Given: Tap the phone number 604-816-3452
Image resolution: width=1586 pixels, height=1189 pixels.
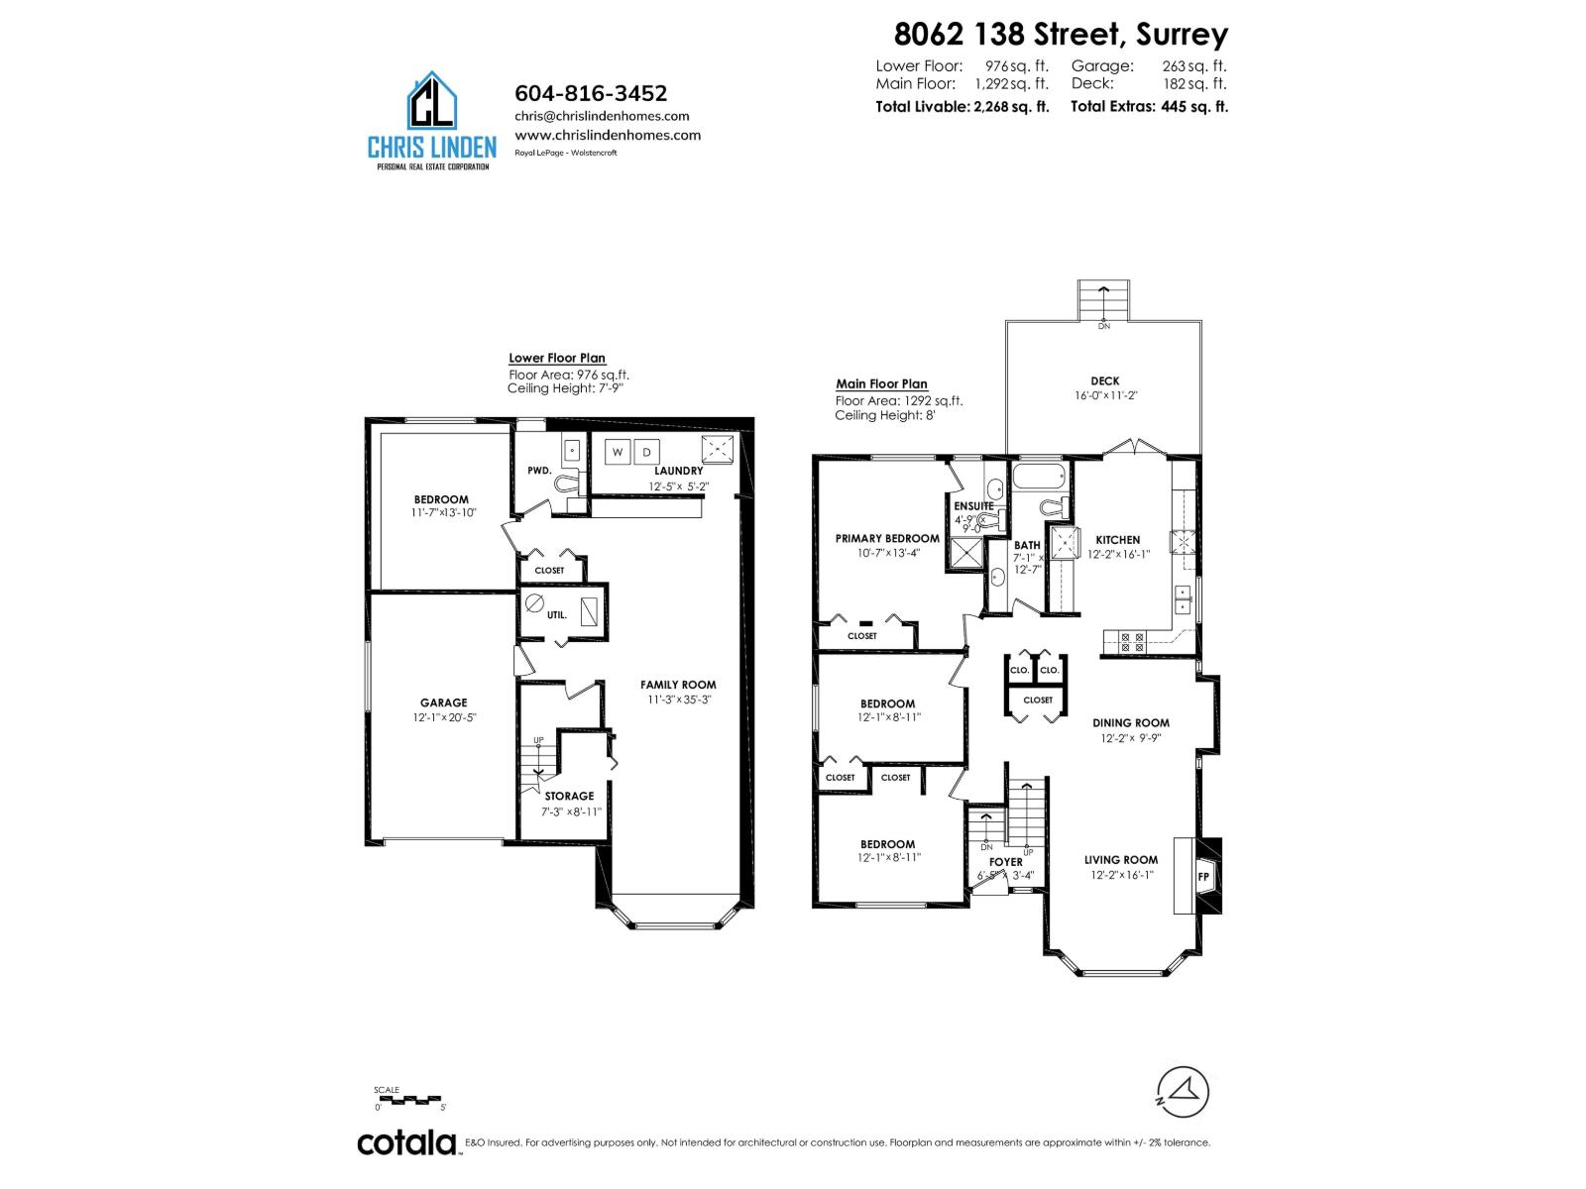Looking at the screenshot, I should (591, 93).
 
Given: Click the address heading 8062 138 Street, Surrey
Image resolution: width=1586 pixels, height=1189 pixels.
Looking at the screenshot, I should (1061, 34).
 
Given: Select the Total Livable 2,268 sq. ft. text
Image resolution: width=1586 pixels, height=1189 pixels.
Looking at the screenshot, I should (962, 107).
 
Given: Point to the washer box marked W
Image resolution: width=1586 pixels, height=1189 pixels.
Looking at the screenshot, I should (618, 452).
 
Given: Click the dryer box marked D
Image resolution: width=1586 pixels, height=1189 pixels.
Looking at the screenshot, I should (646, 452).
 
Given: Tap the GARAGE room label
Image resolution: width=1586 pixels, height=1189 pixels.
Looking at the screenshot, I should (443, 703).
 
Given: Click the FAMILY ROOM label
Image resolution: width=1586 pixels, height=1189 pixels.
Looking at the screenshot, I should (678, 685).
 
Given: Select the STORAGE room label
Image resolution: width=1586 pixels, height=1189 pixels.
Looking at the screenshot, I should (569, 796).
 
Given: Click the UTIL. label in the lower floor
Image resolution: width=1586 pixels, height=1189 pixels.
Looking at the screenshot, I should (557, 614).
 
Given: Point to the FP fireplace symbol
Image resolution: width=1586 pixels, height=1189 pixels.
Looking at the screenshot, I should (1205, 877).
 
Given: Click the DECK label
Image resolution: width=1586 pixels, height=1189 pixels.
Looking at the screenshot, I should (1104, 380).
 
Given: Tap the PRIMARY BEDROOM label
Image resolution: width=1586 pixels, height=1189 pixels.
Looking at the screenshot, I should (887, 539).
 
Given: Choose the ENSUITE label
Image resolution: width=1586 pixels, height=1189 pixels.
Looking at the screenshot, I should (973, 506).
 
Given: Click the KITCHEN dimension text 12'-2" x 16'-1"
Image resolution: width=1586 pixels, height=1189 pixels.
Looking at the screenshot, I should (1118, 555).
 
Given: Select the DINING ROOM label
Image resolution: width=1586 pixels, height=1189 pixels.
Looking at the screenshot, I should (1131, 723).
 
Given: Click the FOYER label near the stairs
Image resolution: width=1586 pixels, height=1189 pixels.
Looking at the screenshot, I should (1005, 862).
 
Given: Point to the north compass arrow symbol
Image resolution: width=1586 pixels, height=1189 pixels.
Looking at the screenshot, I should (1185, 1092).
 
